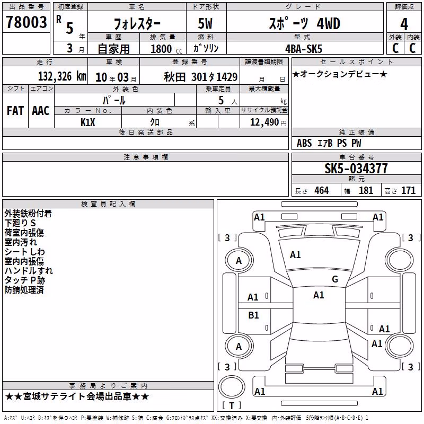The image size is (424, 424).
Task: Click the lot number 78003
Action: coord(26,22)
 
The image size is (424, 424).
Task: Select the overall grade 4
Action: coord(404,24)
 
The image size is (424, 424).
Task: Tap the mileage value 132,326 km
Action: coord(62,76)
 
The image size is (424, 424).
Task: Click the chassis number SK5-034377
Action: coord(356,168)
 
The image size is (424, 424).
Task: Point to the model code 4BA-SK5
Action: coord(304,49)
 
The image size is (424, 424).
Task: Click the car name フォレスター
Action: coord(137,24)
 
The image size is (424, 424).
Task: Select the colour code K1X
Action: coord(88,122)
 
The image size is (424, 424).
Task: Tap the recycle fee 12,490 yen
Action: coord(268,122)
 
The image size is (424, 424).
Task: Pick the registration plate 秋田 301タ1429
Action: coord(201,77)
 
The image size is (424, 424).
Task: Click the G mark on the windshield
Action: coord(335,279)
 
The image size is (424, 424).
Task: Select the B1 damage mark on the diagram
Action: coord(253,315)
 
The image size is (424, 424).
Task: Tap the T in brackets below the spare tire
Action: coord(232,405)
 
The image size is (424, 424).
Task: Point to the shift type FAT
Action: coord(15,111)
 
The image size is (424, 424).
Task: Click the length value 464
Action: coord(322,190)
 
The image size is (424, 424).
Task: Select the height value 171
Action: coord(408,190)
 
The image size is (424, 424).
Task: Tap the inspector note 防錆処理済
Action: coord(24,290)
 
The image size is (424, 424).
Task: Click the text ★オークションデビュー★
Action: coord(340,74)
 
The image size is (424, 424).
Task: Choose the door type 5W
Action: coord(205,23)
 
